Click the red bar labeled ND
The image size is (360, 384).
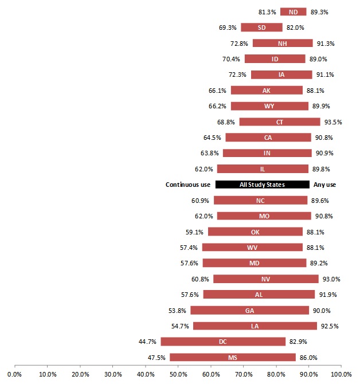click(x=293, y=11)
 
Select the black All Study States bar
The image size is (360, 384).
click(x=262, y=185)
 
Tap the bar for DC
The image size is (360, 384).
click(x=223, y=342)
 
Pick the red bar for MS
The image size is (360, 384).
click(x=233, y=358)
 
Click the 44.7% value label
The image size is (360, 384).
click(x=147, y=342)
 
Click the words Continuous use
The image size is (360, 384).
click(x=188, y=185)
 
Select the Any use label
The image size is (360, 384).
click(x=324, y=185)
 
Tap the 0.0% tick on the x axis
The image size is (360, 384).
click(x=14, y=374)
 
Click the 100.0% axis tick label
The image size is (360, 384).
click(x=341, y=374)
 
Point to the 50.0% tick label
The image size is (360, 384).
click(x=178, y=374)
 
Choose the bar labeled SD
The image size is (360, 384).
click(x=261, y=27)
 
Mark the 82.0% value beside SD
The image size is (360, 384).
click(x=295, y=27)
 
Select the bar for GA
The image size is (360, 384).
click(x=250, y=310)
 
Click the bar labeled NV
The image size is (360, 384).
click(x=265, y=279)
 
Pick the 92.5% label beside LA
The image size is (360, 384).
click(x=330, y=326)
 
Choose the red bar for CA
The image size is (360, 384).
click(x=268, y=138)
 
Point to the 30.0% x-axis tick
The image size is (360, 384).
click(x=112, y=374)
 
